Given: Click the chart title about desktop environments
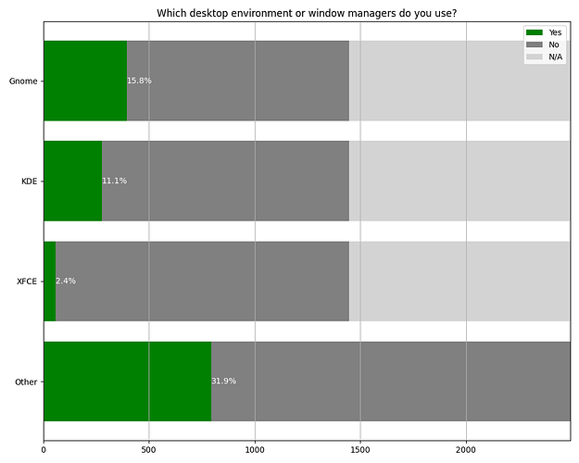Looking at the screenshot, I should click(x=307, y=12).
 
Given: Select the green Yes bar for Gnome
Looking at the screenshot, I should click(x=85, y=81).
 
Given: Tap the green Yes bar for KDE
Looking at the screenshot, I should click(x=72, y=181).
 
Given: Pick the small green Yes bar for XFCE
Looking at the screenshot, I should click(x=49, y=281).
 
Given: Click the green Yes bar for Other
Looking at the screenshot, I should click(x=127, y=381).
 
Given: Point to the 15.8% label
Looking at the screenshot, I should click(x=139, y=81).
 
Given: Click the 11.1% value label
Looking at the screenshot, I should click(x=114, y=181).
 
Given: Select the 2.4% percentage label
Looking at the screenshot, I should click(x=65, y=281).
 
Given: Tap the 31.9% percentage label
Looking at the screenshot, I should click(x=223, y=381).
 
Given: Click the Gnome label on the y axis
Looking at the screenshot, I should click(x=23, y=81).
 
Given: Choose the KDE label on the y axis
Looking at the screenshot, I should click(x=29, y=181).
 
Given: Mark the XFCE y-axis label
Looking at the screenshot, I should click(x=27, y=281).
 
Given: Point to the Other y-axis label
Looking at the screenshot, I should click(x=26, y=381).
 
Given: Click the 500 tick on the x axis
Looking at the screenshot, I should click(x=149, y=451).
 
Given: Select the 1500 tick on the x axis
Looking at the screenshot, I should click(x=360, y=451).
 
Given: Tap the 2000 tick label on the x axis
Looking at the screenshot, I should click(x=466, y=451).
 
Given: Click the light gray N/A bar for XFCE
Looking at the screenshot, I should click(x=459, y=281).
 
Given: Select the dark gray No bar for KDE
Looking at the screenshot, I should click(x=225, y=181).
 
